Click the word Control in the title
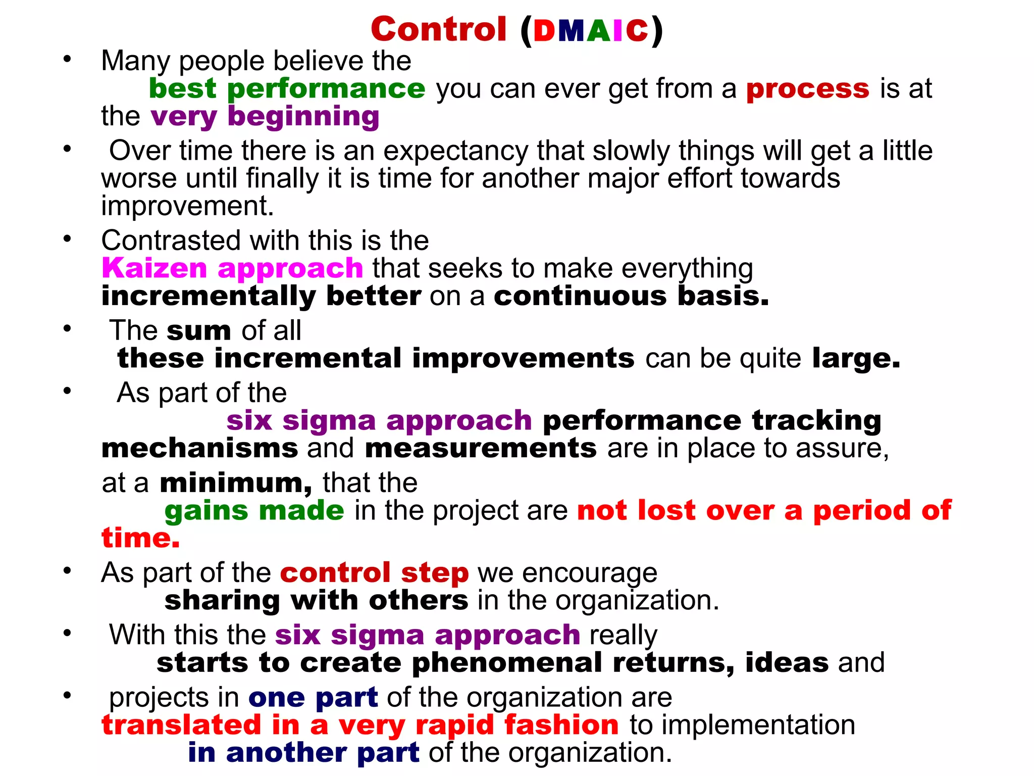438,29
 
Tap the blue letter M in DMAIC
571,31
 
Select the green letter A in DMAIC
598,31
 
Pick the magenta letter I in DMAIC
617,31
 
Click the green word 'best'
183,89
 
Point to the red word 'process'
808,89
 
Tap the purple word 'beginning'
303,117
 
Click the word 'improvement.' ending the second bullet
187,206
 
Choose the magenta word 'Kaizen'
154,268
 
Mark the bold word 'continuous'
580,296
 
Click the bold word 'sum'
199,331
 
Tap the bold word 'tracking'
816,421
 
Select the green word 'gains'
206,511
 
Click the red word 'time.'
140,538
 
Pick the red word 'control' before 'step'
335,573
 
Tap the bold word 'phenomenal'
506,663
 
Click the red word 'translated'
181,725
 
